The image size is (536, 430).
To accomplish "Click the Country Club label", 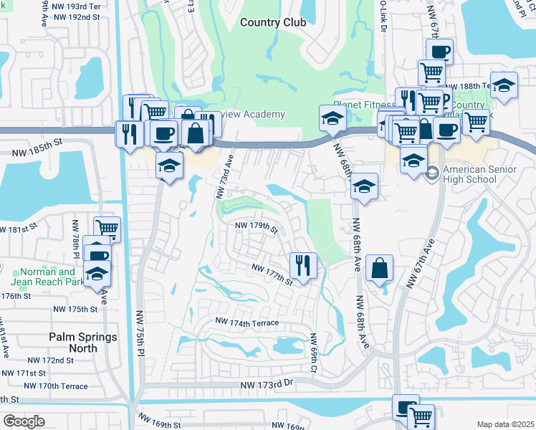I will click(273, 22).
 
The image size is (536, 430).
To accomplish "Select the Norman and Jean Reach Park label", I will click(47, 277).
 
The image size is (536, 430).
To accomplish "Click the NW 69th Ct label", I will click(314, 353).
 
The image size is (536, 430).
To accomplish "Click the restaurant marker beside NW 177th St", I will click(303, 265).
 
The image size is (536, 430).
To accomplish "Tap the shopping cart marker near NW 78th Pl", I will click(107, 229).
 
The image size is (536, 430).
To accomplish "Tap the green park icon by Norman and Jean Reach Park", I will click(20, 272).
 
